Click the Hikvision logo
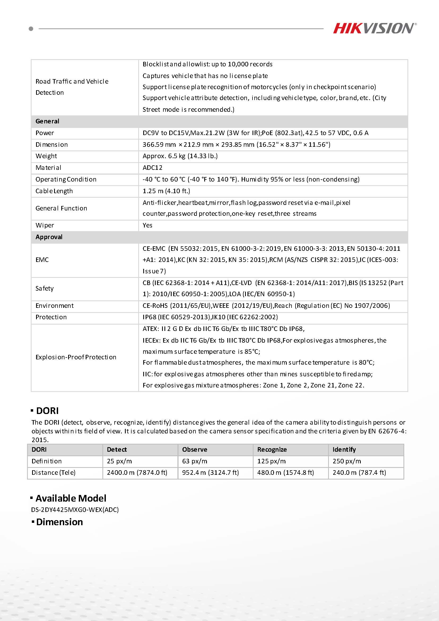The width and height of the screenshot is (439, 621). (374, 28)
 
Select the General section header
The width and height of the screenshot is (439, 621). (47, 121)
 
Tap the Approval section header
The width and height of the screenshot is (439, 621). (49, 237)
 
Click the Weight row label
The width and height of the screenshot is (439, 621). (46, 156)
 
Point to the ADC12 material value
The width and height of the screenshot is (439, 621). (153, 168)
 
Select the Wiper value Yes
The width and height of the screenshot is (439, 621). (147, 225)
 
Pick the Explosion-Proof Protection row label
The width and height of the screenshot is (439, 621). (76, 357)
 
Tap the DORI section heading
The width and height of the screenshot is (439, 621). (47, 411)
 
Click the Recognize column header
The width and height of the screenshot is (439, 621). (272, 450)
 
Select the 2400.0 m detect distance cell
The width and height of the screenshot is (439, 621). (137, 472)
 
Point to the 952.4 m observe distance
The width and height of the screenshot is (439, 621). (210, 472)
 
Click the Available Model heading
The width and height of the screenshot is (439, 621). (71, 498)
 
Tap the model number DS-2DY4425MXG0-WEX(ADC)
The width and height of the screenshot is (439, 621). (75, 510)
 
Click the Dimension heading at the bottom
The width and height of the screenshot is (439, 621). (59, 522)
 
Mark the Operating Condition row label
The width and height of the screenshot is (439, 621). (66, 179)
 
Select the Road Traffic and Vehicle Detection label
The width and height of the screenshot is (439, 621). (72, 87)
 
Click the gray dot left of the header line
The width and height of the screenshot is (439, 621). (31, 29)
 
